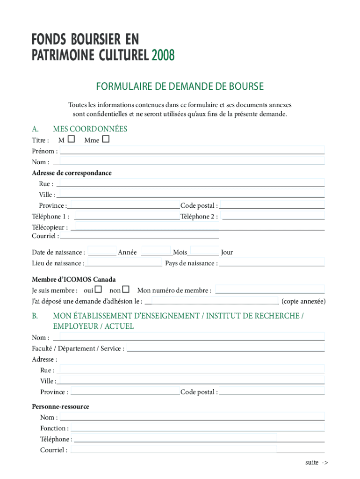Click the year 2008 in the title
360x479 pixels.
click(163, 56)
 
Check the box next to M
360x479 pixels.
click(71, 139)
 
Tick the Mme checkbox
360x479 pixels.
click(106, 139)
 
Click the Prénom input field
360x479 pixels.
click(192, 151)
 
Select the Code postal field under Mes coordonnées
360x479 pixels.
click(272, 205)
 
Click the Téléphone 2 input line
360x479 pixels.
click(273, 216)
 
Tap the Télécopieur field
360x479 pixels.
click(200, 226)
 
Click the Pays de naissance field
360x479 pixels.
click(272, 262)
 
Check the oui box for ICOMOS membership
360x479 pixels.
click(98, 290)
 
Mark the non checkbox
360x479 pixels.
click(125, 290)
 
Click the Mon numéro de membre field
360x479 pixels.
click(269, 290)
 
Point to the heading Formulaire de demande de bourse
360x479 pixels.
click(180, 87)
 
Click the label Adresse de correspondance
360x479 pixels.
click(72, 173)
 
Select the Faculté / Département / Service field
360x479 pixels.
click(225, 348)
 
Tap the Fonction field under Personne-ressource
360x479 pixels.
click(197, 428)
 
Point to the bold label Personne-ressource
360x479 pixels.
click(60, 406)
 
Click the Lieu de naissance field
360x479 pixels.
click(124, 262)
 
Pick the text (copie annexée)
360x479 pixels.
click(303, 301)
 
